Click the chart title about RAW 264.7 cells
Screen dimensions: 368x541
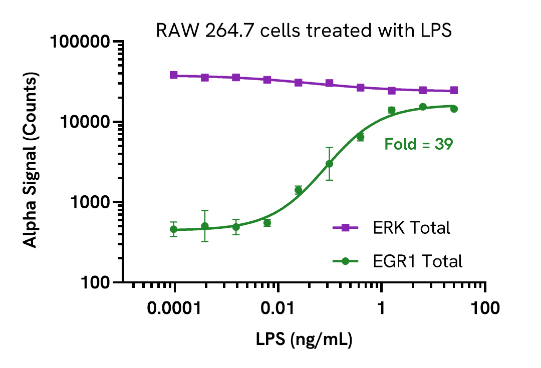304,31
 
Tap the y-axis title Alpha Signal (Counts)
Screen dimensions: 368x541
31,161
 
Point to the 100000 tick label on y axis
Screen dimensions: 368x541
81,42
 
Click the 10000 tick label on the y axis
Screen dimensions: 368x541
85,122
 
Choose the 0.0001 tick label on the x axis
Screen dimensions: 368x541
174,308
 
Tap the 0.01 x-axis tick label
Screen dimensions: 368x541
278,308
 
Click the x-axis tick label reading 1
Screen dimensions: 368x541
382,308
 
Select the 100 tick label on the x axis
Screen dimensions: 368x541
485,308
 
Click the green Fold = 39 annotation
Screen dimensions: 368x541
418,145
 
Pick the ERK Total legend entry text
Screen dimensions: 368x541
411,228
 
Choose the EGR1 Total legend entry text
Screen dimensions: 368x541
417,261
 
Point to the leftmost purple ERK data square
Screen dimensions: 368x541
174,75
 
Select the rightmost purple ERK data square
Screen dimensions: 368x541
454,91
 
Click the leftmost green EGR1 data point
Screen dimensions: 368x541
174,229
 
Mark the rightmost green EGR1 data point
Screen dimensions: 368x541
454,109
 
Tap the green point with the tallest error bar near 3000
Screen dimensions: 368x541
329,164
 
